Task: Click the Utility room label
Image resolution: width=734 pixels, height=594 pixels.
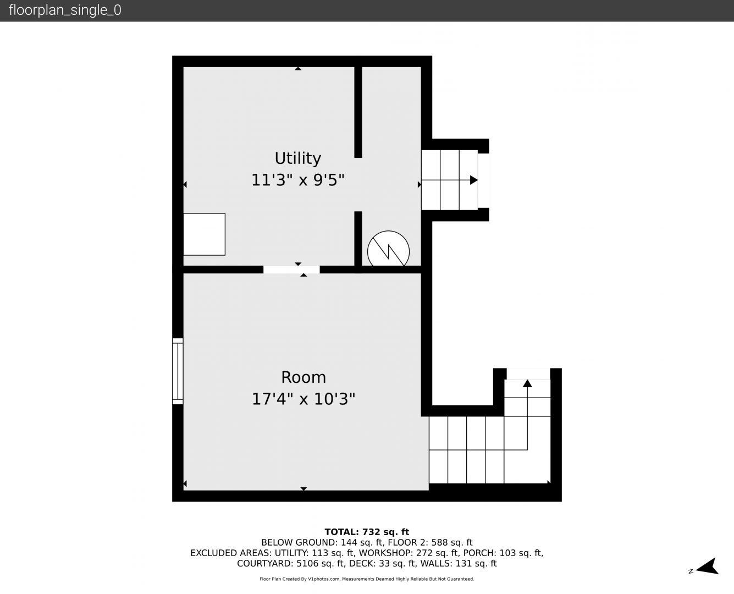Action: pyautogui.click(x=298, y=158)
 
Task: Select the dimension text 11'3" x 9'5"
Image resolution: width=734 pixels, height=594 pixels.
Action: pyautogui.click(x=298, y=180)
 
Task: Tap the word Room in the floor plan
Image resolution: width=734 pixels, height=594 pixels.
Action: pyautogui.click(x=303, y=377)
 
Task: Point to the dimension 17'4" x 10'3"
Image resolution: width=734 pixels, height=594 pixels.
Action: pyautogui.click(x=303, y=399)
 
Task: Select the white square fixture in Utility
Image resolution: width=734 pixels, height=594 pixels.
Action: pyautogui.click(x=204, y=234)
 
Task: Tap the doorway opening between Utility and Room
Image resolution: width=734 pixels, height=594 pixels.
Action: pyautogui.click(x=291, y=269)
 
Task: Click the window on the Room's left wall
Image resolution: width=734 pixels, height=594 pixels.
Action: pyautogui.click(x=178, y=371)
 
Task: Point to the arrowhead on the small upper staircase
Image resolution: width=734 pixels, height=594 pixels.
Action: pyautogui.click(x=474, y=180)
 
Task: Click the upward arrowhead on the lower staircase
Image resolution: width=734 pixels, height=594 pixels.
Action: pyautogui.click(x=527, y=383)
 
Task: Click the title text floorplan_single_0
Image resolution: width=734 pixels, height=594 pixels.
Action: pyautogui.click(x=65, y=10)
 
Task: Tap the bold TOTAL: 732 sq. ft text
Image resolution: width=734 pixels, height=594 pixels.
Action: pyautogui.click(x=367, y=532)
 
